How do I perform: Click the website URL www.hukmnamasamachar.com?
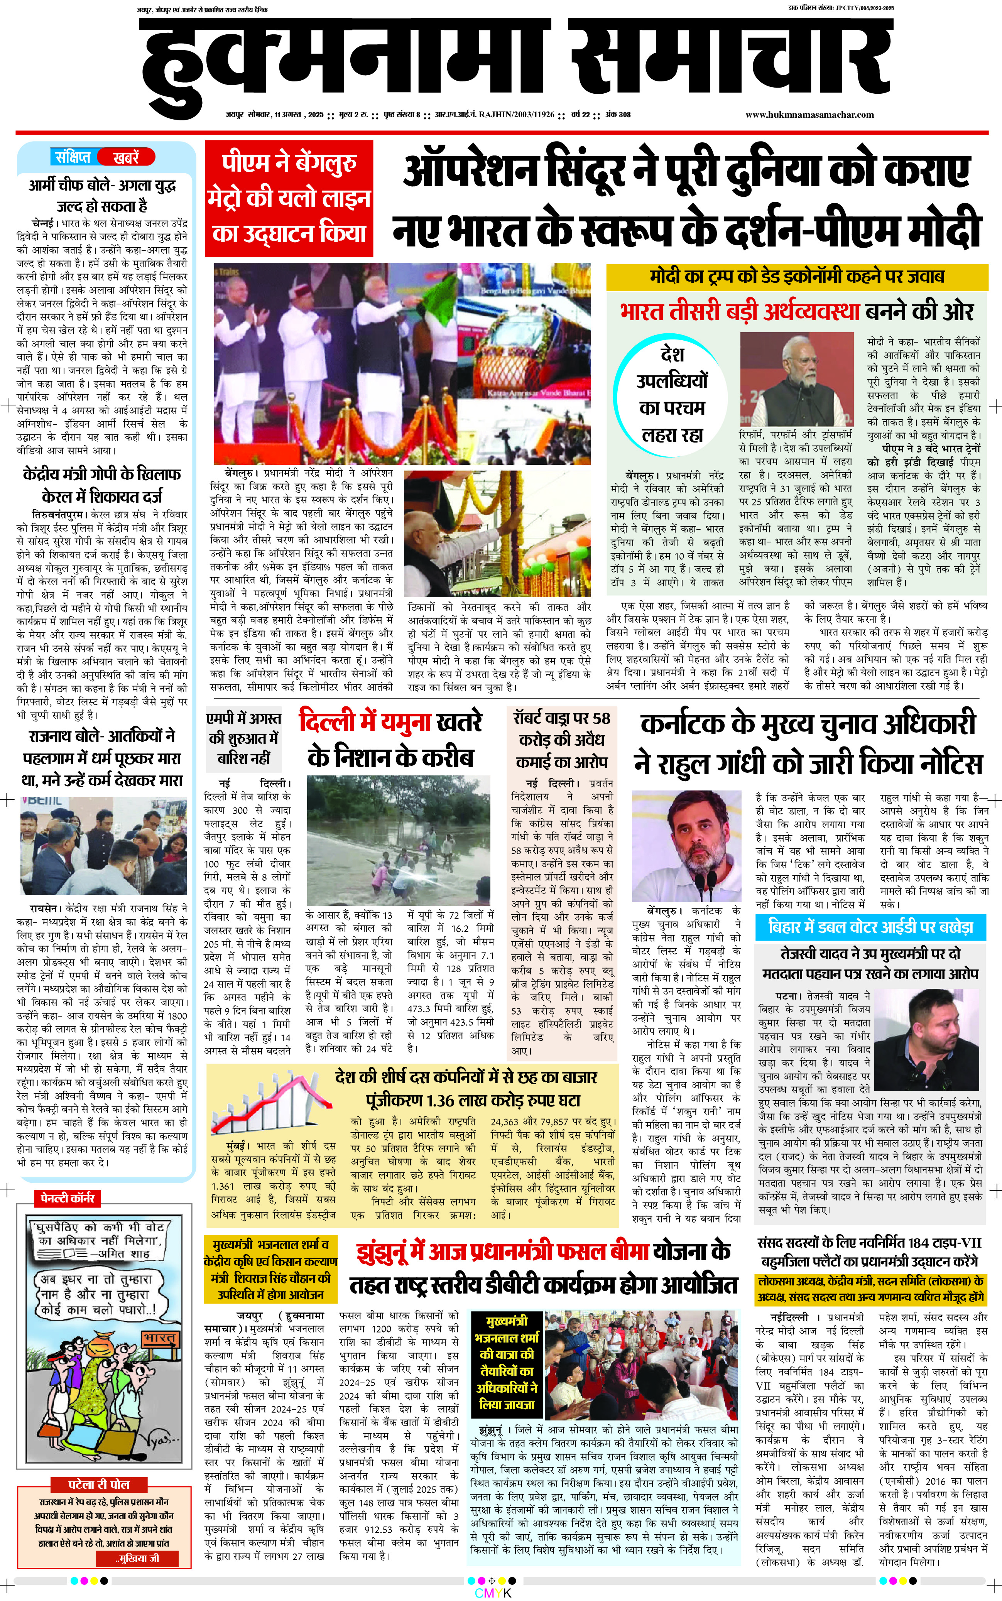click(x=809, y=115)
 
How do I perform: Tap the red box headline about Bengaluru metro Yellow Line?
click(x=289, y=198)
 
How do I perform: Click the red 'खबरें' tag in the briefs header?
click(x=126, y=157)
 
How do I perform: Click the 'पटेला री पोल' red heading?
click(x=100, y=1485)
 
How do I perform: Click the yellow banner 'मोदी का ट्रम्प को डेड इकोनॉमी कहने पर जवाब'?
click(x=796, y=276)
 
